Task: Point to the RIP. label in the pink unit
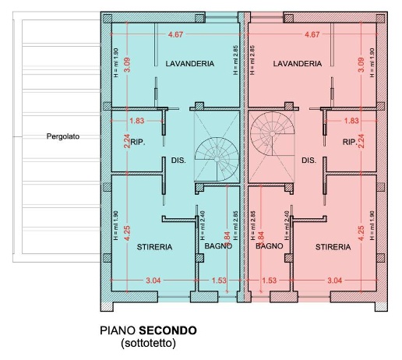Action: tap(350, 143)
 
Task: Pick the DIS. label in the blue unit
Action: tap(178, 161)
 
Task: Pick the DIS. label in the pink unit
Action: tap(309, 161)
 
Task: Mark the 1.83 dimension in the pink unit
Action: tap(351, 121)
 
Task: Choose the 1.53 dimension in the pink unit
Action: tap(270, 280)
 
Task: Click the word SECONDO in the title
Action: tap(169, 330)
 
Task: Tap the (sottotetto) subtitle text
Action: tap(148, 342)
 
